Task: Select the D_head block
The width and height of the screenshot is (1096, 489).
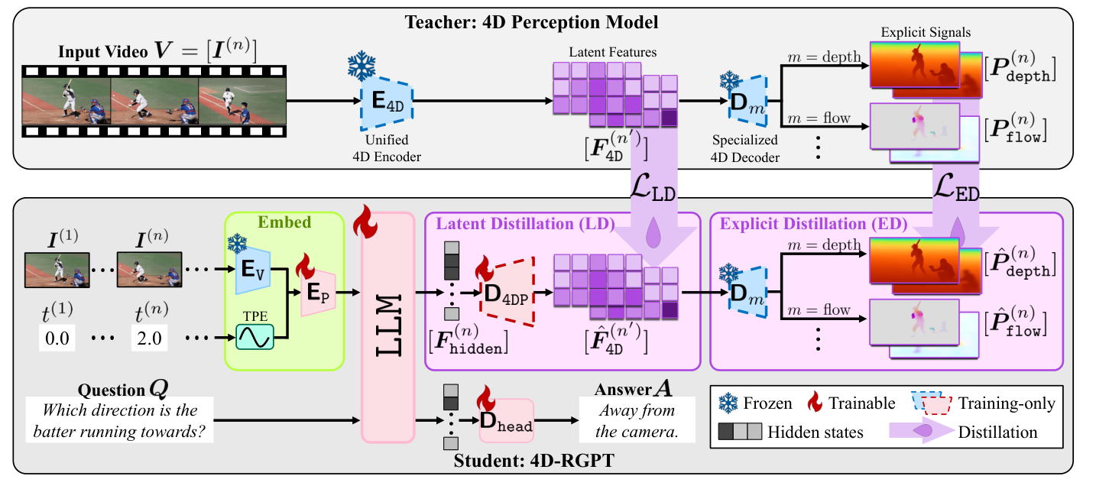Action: [x=505, y=421]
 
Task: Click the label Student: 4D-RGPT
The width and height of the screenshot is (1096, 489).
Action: [x=518, y=461]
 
